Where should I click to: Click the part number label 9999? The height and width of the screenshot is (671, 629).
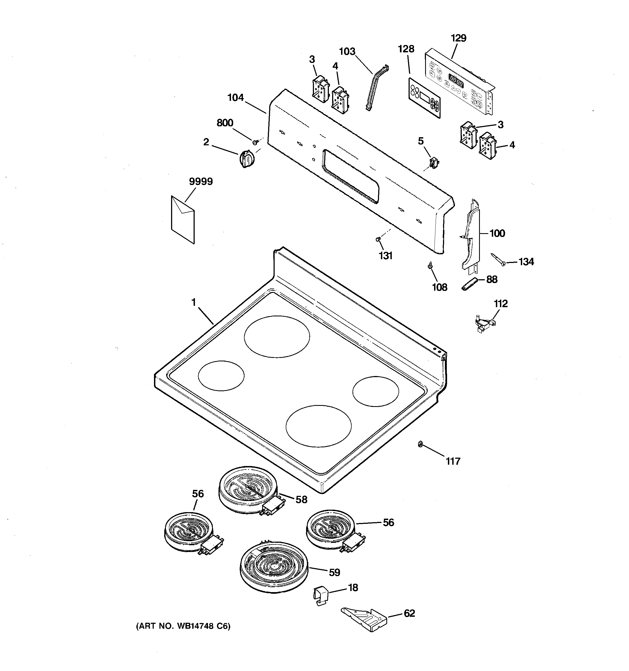click(x=201, y=182)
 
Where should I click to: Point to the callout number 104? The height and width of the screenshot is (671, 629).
click(x=235, y=98)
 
